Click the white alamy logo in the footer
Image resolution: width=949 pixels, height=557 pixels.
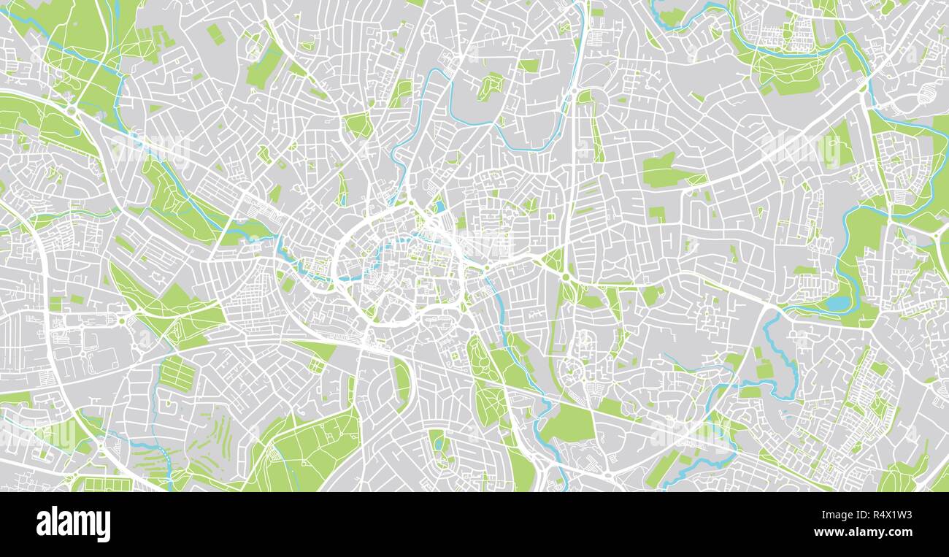tap(73, 524)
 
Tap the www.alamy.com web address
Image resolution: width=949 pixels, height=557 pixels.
tap(873, 533)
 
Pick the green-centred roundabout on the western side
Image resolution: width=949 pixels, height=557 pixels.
tap(122, 320)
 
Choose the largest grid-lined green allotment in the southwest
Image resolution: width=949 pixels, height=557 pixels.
tap(177, 373)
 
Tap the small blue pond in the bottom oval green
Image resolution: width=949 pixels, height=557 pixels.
tap(439, 443)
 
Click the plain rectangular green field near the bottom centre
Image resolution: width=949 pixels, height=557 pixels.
tap(568, 423)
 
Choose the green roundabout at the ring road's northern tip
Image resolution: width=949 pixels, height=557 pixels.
tap(410, 202)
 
